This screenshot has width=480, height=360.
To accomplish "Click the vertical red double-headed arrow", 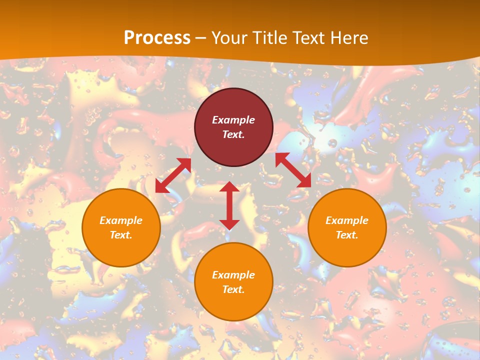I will (229, 205).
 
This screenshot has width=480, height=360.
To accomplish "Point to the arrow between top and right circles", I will (293, 170).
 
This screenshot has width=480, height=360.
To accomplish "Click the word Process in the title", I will (157, 38).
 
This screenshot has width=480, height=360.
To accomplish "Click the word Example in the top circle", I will (233, 120).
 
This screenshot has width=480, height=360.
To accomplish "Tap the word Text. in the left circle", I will (121, 235).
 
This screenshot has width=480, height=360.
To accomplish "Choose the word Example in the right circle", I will (347, 220).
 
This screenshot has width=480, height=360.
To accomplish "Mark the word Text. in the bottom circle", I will (233, 289).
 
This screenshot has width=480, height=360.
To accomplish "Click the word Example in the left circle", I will (121, 220).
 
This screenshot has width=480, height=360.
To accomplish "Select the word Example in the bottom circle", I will (233, 275).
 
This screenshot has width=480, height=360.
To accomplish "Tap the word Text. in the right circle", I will (347, 235).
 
